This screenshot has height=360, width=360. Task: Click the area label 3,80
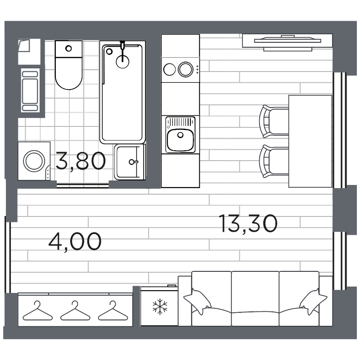coord(81,161)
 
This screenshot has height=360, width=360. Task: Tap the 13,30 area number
coord(247,224)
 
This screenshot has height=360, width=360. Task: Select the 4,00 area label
coord(75,241)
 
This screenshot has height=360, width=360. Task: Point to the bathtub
coord(122,92)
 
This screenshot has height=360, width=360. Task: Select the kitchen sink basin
coord(180,140)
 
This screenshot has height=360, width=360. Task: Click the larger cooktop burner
coord(185,69)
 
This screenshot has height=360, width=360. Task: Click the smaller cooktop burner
coord(170,69)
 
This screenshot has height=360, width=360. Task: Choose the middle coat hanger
coord(73,310)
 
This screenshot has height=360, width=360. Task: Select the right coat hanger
coord(111,310)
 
